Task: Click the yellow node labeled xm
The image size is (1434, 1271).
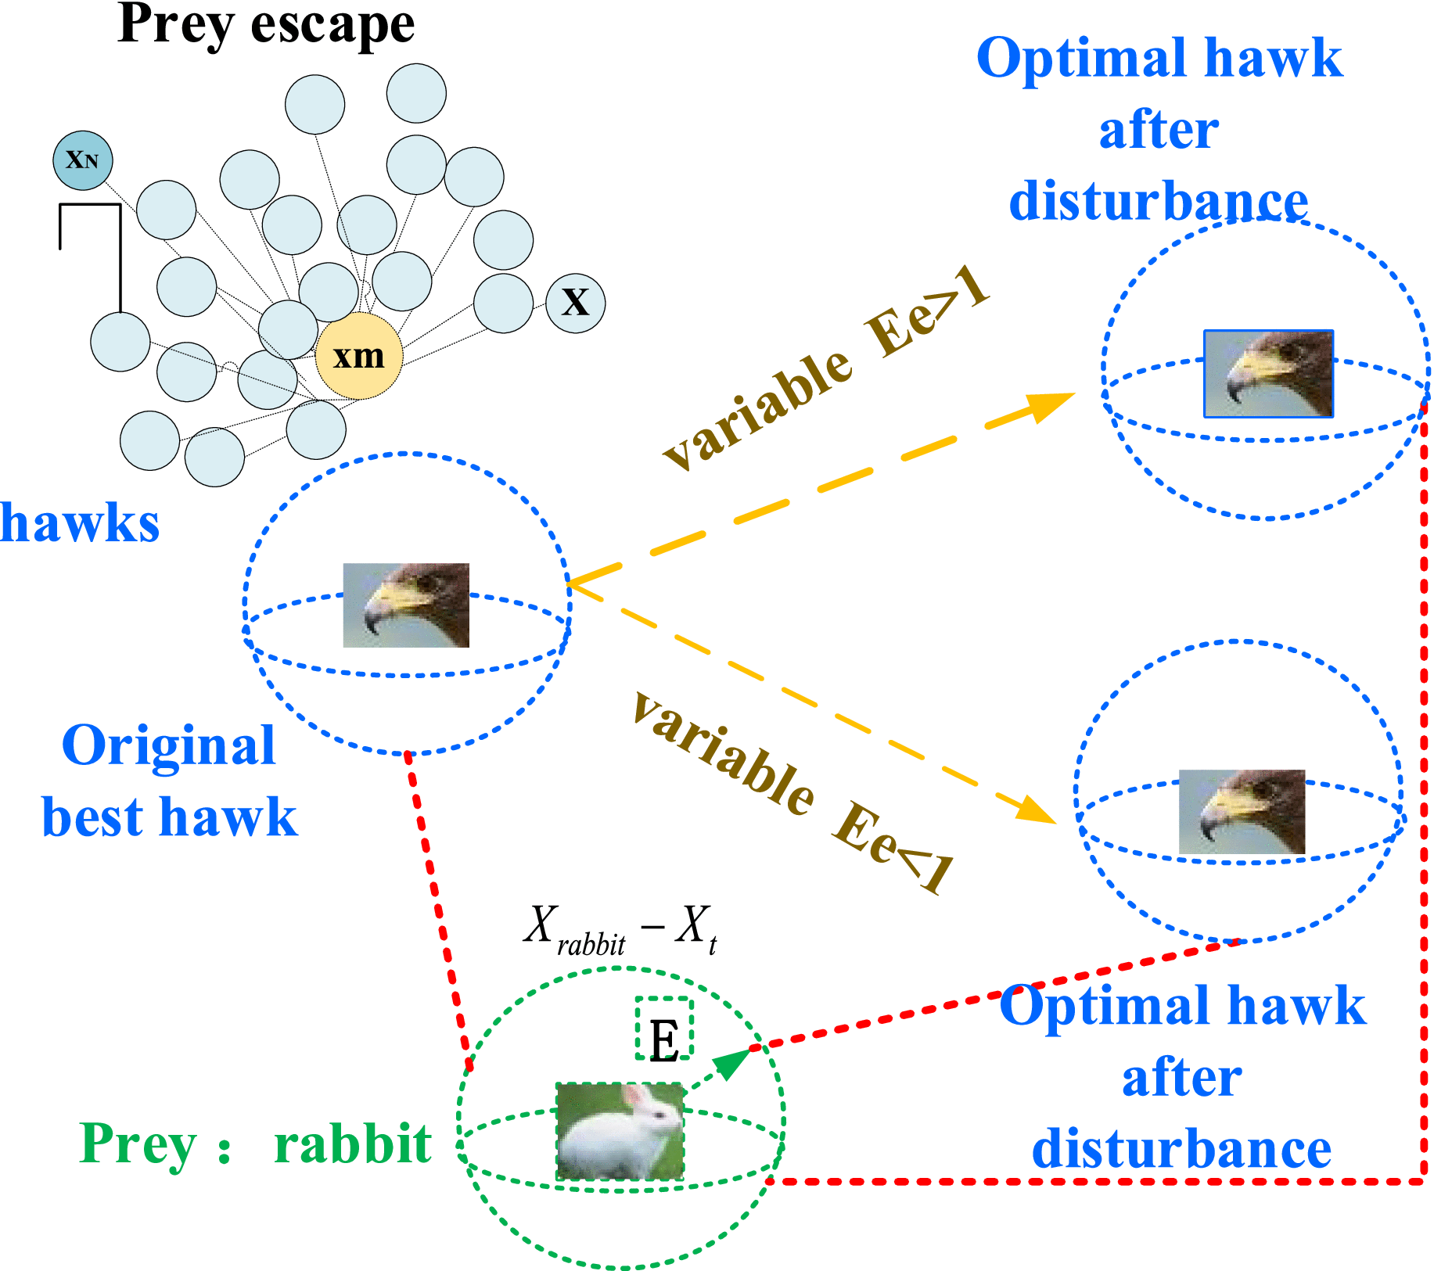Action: pos(359,357)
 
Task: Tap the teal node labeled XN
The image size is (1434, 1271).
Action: pos(83,160)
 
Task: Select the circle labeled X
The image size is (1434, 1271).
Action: pos(576,303)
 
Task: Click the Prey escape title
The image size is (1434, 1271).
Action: pos(266,25)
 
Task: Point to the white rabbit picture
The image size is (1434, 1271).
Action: pos(620,1131)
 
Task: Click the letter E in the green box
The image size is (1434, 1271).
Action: pos(664,1041)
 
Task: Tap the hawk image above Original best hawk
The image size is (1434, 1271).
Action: pos(406,605)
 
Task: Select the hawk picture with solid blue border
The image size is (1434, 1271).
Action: pos(1268,373)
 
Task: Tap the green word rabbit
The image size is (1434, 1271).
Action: pos(352,1144)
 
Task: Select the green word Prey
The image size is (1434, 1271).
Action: pos(138,1144)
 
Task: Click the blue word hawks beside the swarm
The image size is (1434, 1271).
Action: pos(80,522)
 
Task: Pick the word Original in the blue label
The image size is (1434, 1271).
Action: pos(168,745)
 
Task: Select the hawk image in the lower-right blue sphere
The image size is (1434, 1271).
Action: pos(1242,811)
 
